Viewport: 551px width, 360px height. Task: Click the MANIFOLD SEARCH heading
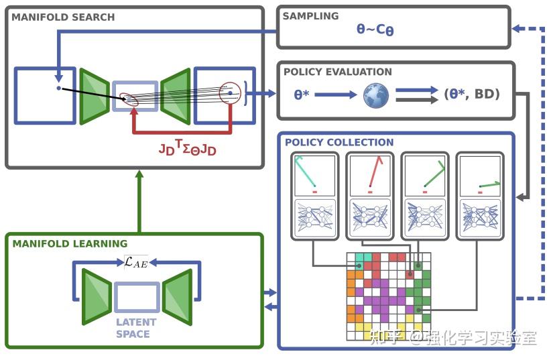coord(63,17)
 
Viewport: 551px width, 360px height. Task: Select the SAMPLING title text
coord(311,16)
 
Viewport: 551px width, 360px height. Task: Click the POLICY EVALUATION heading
coord(338,72)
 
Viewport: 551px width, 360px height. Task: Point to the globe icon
coord(376,95)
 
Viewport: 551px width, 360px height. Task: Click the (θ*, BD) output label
coord(472,95)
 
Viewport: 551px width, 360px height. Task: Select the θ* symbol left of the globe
coord(302,95)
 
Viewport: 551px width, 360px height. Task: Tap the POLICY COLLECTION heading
coord(339,142)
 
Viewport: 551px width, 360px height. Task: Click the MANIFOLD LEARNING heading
coord(70,243)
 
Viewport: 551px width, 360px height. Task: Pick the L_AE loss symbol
coord(136,263)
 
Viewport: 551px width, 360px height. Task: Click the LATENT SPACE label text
coord(136,328)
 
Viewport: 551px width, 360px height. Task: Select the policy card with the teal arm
coord(314,194)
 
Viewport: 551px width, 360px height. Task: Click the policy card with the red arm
coord(369,194)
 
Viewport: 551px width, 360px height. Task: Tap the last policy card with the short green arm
coord(479,194)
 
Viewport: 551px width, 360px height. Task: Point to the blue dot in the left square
coord(59,88)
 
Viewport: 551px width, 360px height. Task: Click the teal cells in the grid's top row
coord(363,257)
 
